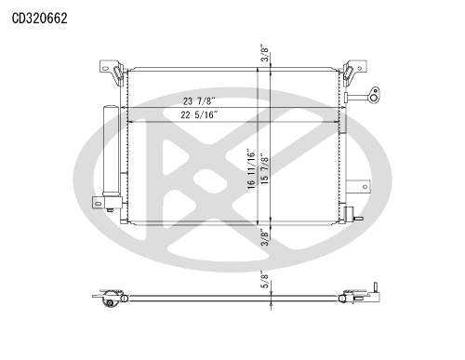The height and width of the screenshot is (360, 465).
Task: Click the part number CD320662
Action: click(x=39, y=19)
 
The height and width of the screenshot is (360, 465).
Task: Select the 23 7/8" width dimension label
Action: click(x=199, y=101)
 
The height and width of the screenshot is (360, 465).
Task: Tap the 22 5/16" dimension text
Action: click(x=199, y=115)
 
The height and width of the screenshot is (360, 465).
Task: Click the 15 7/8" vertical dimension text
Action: click(x=265, y=168)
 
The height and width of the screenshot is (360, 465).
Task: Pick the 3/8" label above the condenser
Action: click(x=264, y=54)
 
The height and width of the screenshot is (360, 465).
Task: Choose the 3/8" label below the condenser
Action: click(x=264, y=237)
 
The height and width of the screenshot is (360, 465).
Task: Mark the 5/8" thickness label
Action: click(x=264, y=280)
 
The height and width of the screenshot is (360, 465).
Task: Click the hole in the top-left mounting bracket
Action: click(x=105, y=68)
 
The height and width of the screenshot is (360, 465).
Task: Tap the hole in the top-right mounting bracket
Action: click(x=360, y=68)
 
